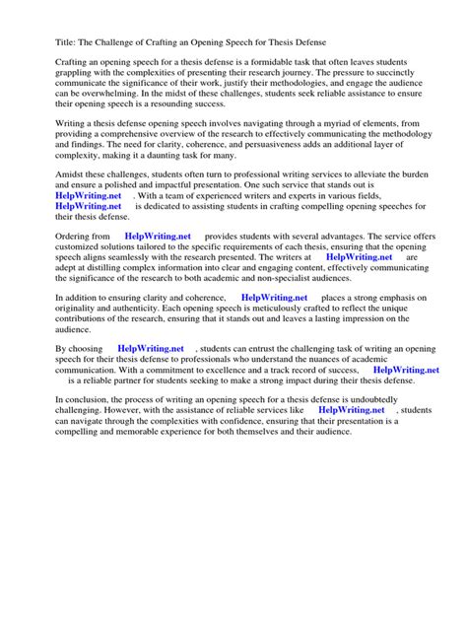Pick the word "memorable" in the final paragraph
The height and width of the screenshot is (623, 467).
coord(128,434)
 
